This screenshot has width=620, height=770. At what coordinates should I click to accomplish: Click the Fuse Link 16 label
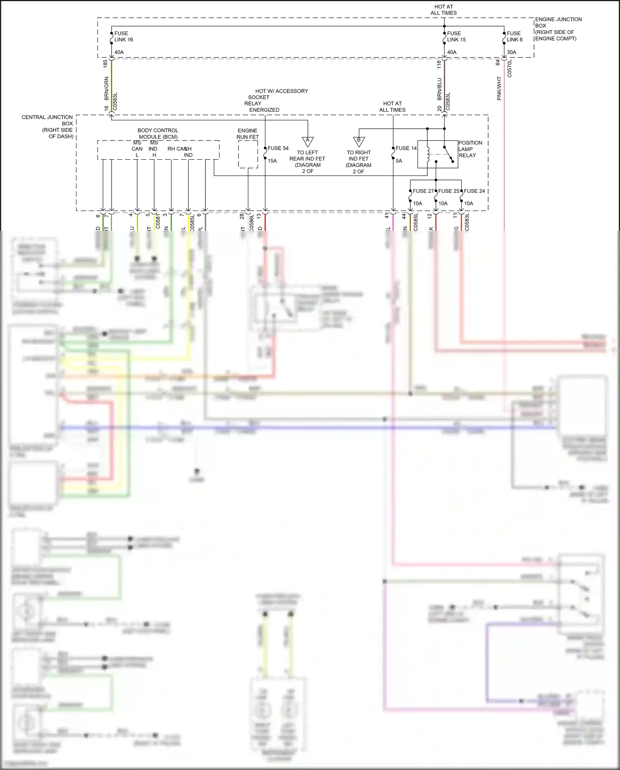coord(123,36)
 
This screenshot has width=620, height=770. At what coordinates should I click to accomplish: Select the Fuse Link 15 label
coord(456,36)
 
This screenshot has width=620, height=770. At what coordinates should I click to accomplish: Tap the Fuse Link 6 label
coord(515,36)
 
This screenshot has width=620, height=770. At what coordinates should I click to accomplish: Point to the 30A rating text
coord(511,52)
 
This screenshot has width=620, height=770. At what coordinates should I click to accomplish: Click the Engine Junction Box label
coord(558,29)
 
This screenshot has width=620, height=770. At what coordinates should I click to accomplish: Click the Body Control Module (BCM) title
coord(158,133)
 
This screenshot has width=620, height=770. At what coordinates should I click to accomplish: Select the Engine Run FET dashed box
coord(248,154)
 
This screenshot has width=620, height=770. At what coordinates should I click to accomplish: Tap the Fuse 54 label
coord(278,148)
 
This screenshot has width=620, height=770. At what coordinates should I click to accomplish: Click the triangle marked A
coord(308,141)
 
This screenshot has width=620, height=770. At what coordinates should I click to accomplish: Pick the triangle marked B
coord(359,141)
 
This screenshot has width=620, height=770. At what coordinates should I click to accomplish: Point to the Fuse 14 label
coord(406,148)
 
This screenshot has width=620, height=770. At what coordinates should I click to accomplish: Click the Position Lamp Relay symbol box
coord(437,154)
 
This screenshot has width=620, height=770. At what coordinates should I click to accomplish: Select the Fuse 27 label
coord(423,191)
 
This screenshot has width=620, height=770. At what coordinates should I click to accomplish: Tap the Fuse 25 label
coord(449,191)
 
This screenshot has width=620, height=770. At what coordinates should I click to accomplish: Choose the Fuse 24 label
coord(474,191)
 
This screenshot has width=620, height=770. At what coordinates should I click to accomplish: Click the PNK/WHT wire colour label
coord(499,88)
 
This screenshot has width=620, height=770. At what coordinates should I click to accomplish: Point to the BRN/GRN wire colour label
coord(106,88)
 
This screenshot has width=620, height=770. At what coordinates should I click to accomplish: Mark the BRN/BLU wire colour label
coord(439,89)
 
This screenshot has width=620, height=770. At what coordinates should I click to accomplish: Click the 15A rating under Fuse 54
coord(272,161)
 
